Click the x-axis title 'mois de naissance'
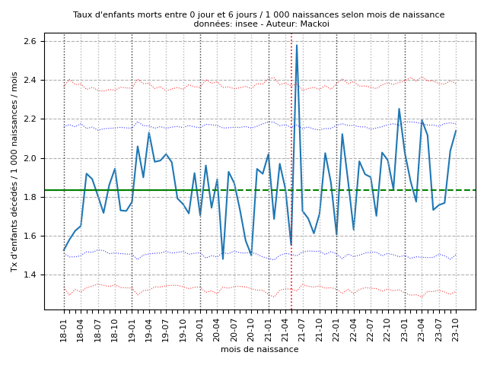click(x=259, y=349)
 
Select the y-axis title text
click(x=14, y=171)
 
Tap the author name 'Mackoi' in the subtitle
click(x=316, y=24)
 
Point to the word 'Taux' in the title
click(x=83, y=14)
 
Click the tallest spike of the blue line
click(x=297, y=45)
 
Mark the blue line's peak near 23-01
click(x=399, y=109)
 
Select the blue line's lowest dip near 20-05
click(x=223, y=259)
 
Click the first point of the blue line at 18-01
click(x=64, y=250)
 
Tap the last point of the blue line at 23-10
click(x=456, y=131)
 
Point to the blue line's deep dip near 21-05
click(x=291, y=244)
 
